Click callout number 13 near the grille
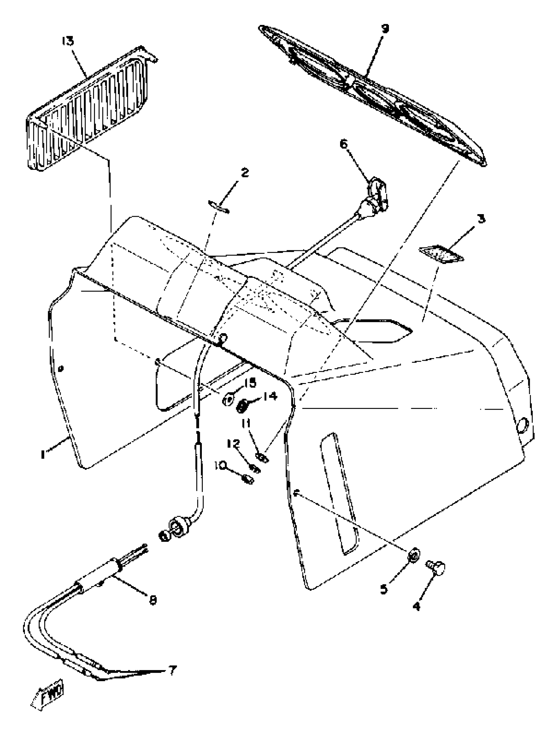coord(67,41)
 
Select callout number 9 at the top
coord(385,29)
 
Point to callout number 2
coord(245,173)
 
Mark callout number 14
coord(270,396)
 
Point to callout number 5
coord(384,590)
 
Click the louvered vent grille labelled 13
coord(89,110)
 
